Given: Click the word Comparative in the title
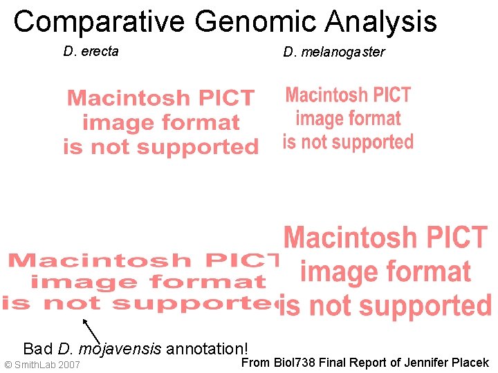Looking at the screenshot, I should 99,22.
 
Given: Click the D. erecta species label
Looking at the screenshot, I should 91,50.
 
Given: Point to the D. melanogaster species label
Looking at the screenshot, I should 334,52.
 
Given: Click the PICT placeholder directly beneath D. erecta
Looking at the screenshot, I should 160,122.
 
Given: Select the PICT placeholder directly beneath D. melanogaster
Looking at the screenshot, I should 348,118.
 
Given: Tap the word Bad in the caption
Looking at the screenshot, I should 38,347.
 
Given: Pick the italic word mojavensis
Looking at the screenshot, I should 120,348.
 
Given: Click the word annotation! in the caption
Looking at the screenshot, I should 207,347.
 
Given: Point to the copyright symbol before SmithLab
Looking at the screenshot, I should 8,365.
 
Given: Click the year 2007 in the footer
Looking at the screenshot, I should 70,365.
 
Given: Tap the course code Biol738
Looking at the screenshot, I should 293,363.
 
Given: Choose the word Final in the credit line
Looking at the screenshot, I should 331,363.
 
